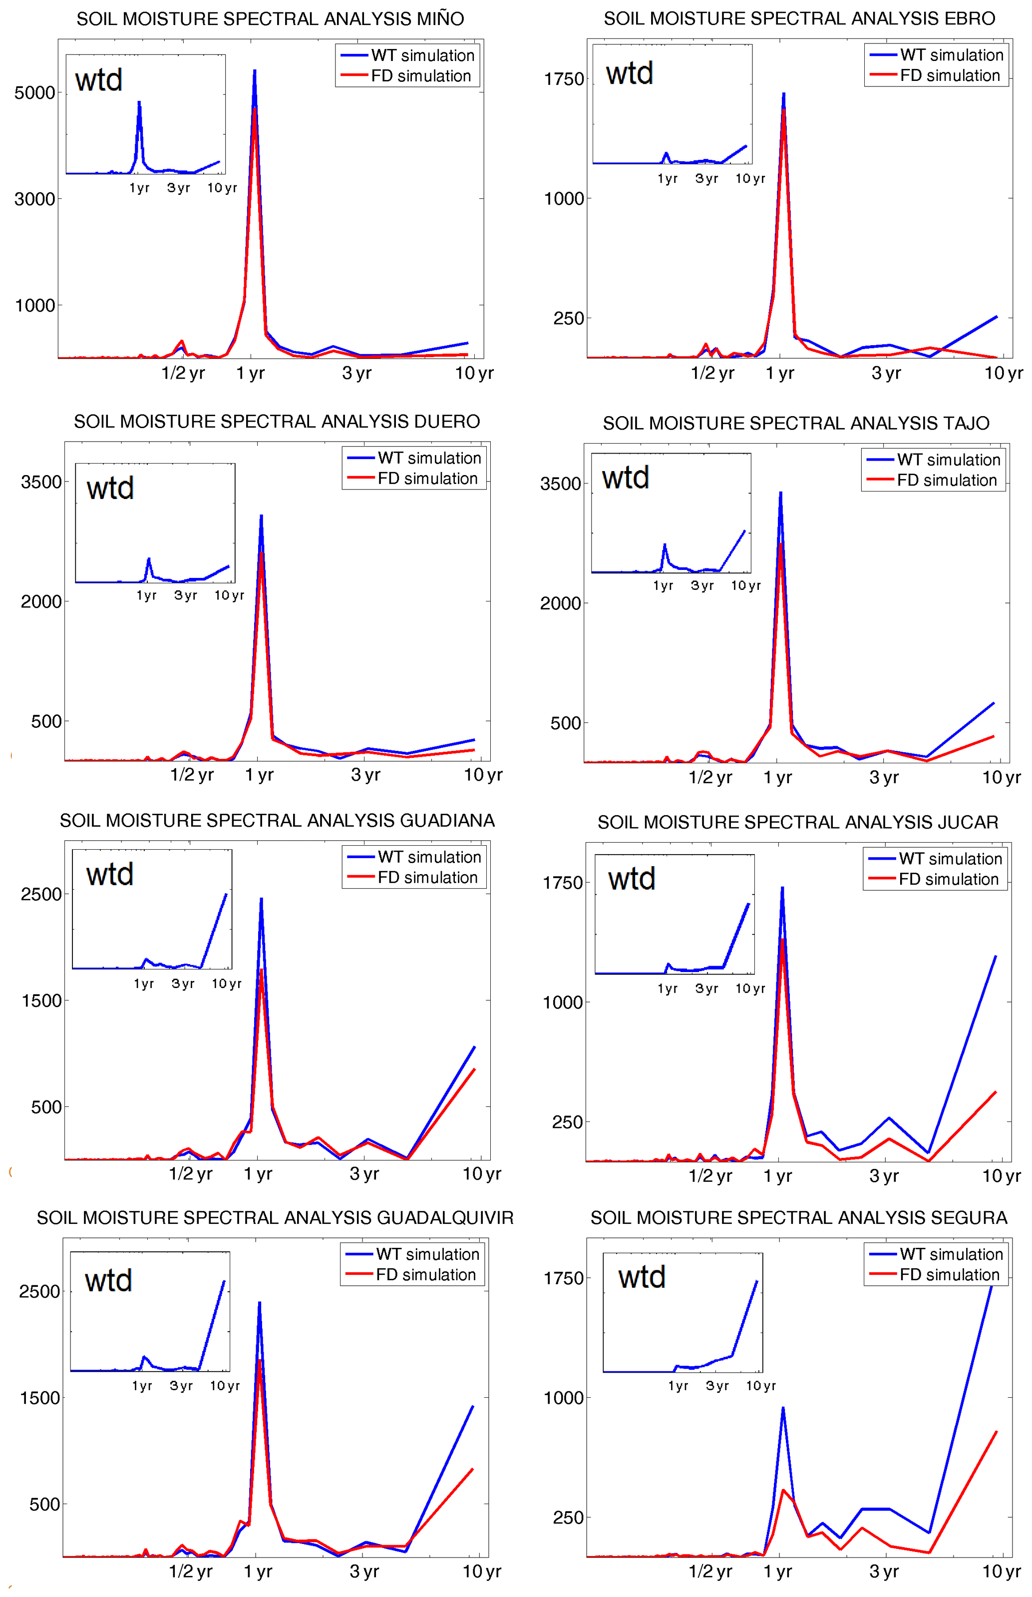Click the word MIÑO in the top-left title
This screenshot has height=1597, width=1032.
pos(439,19)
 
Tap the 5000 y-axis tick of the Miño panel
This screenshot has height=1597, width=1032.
pos(35,92)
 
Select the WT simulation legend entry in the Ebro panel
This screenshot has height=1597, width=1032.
pos(951,55)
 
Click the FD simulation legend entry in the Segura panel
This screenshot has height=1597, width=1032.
pos(949,1274)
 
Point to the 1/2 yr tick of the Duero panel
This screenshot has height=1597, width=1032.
pos(192,775)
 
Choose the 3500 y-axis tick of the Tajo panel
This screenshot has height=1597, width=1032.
pos(560,484)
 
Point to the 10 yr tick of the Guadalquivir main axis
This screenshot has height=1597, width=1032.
pos(482,1572)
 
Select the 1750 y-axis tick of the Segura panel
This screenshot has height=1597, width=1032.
pos(563,1278)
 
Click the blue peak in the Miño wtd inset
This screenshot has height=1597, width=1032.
pos(139,102)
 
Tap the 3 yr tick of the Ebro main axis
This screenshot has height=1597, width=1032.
pos(886,374)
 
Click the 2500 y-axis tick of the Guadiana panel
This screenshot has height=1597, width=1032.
pos(41,894)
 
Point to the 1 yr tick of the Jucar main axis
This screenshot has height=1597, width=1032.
pos(777,1176)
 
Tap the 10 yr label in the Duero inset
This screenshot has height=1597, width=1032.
pos(229,595)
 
